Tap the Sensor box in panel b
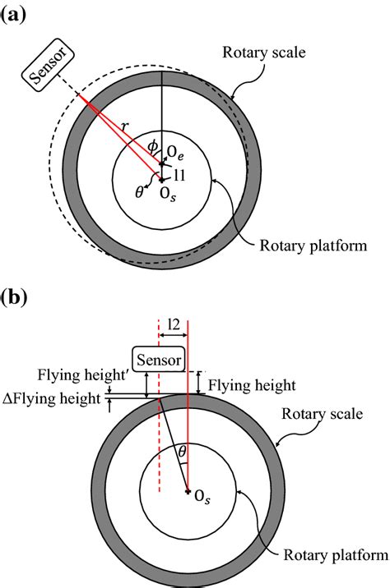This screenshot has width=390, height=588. click(x=158, y=358)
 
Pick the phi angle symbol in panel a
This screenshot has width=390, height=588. click(x=152, y=146)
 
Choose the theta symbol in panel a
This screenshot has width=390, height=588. click(x=139, y=191)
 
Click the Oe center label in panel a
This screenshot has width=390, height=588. click(x=174, y=150)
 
